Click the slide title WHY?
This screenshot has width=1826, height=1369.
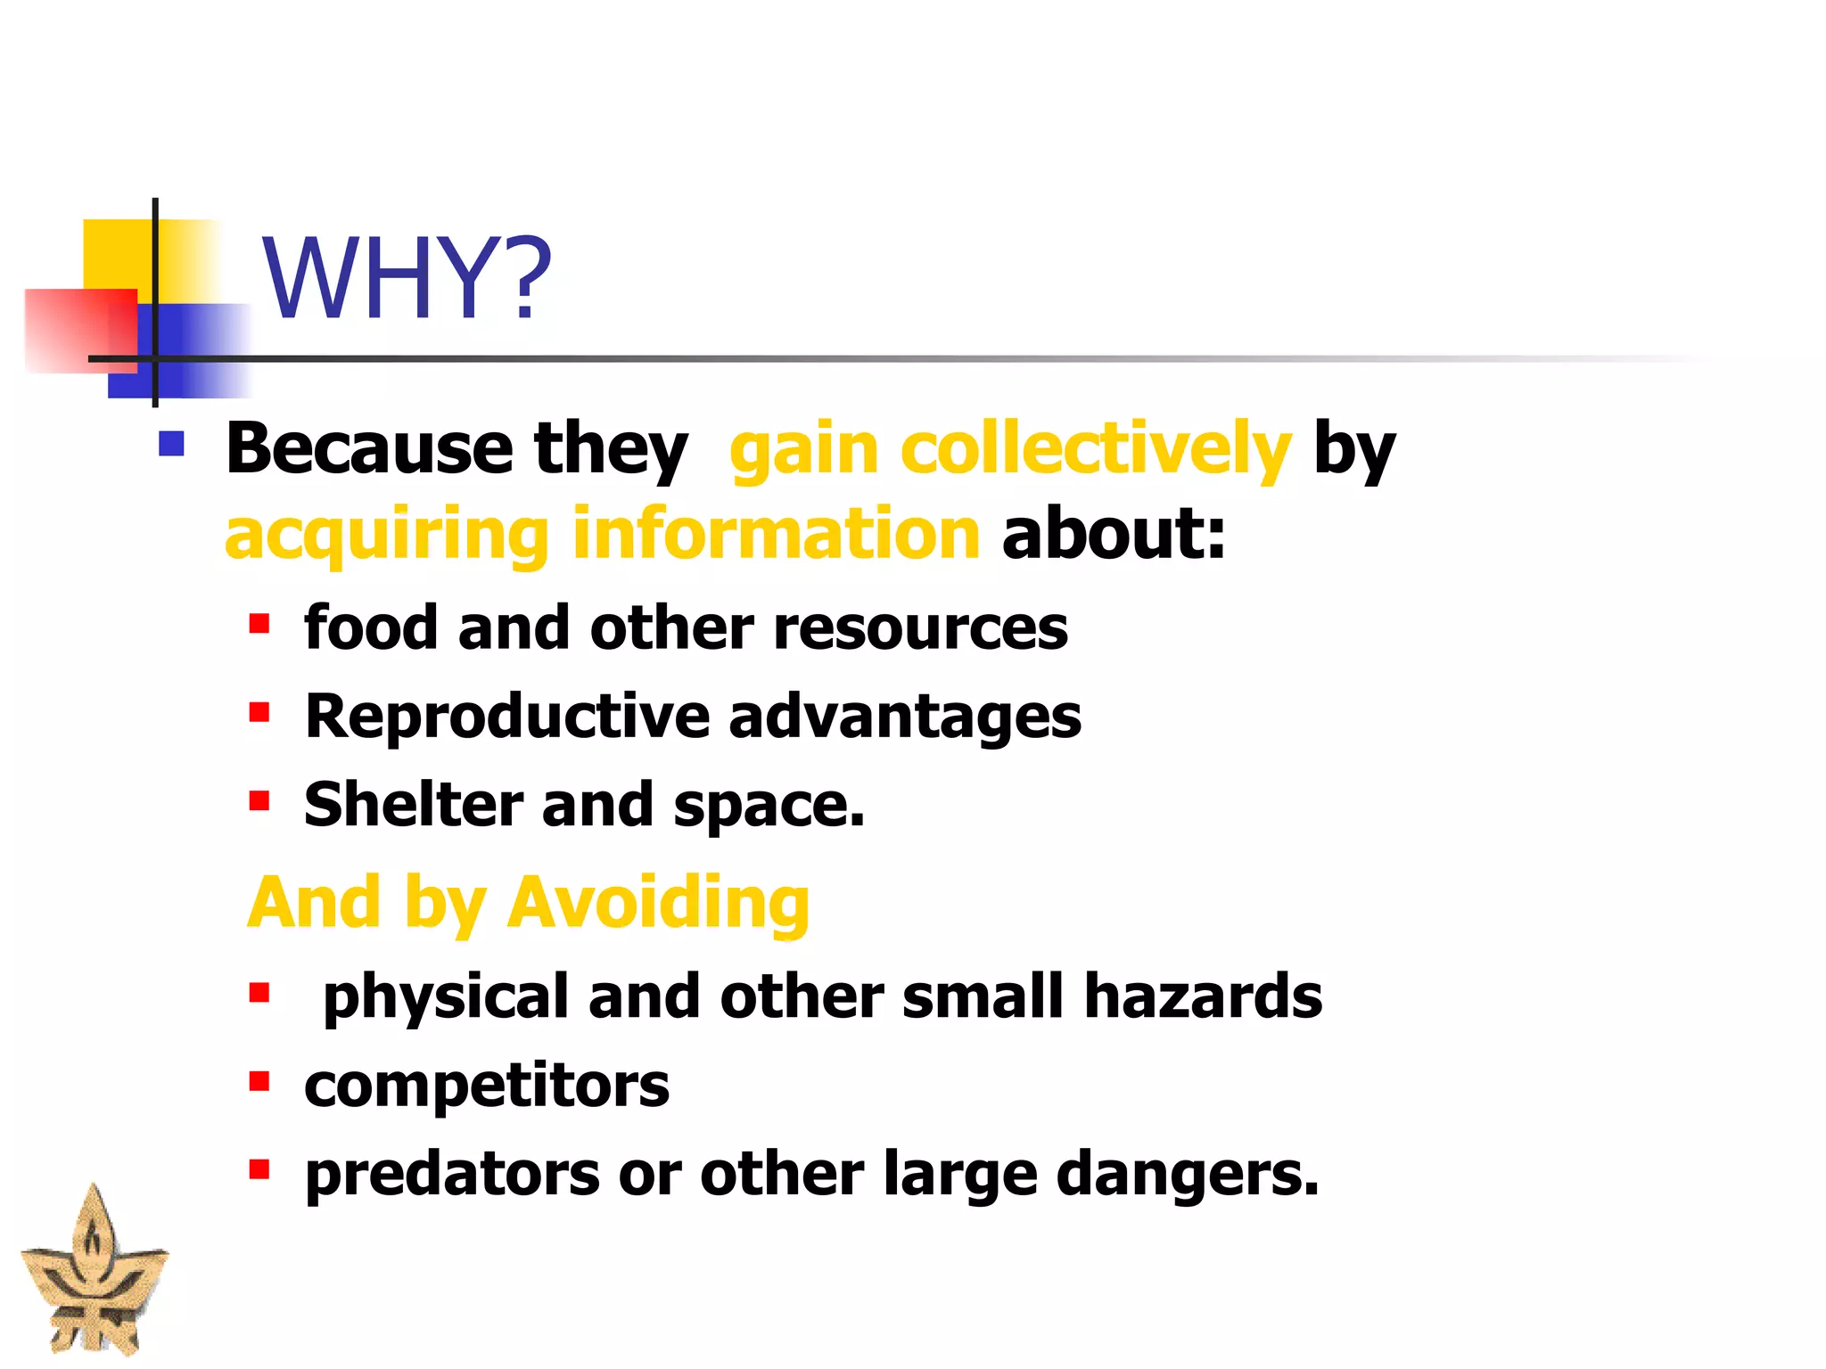click(407, 278)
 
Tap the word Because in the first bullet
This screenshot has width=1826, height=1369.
click(369, 448)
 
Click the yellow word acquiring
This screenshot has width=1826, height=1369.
click(386, 535)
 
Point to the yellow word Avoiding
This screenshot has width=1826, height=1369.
click(658, 903)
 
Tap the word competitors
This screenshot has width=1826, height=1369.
click(487, 1086)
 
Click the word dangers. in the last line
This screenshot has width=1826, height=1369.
click(1187, 1175)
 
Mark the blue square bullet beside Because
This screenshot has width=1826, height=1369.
click(171, 444)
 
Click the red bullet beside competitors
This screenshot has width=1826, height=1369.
click(259, 1082)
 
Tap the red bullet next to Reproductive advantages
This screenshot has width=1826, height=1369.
click(259, 712)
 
